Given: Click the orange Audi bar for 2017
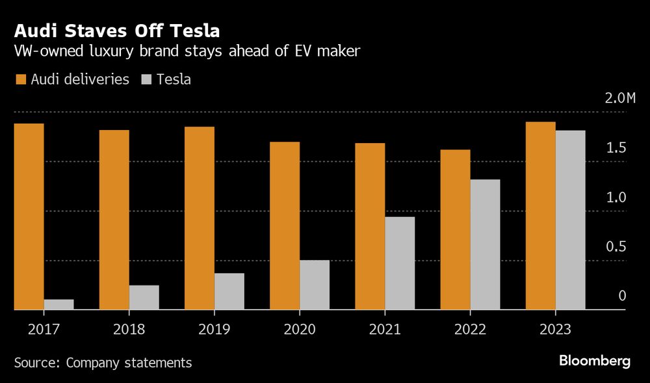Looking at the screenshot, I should [x=29, y=217].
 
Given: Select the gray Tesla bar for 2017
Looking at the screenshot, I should [x=58, y=304].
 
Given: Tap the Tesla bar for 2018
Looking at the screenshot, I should [x=144, y=297].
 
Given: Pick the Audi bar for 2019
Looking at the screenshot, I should [x=199, y=218].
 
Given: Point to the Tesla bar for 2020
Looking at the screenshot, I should [x=314, y=285].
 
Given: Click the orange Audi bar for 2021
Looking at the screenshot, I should [x=370, y=226].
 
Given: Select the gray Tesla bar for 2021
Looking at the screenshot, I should [x=400, y=263].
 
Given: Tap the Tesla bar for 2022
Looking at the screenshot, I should [x=485, y=244].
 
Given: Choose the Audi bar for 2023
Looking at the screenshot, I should [x=540, y=216].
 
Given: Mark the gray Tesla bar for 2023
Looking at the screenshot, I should [x=570, y=220].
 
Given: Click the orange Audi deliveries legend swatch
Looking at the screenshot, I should [x=20, y=79].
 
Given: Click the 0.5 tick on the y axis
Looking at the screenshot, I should [x=616, y=247].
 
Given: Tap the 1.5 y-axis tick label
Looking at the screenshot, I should [x=616, y=148].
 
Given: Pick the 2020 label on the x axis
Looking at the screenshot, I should [x=300, y=330].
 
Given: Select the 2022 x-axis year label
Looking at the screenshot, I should [x=470, y=330].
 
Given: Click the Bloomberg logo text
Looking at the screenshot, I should [x=595, y=362].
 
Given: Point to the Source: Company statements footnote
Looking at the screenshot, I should [x=103, y=363].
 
